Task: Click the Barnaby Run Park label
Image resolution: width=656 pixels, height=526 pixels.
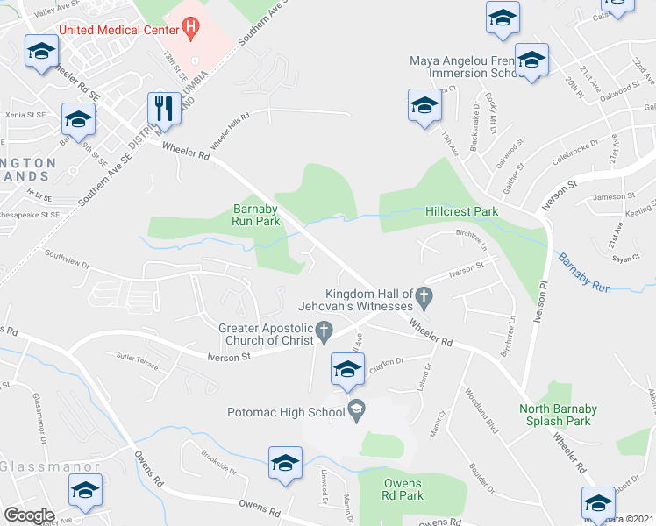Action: point(256,215)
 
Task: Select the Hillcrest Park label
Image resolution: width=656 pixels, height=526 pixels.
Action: point(461,211)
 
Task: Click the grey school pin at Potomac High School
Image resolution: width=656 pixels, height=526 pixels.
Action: point(357,409)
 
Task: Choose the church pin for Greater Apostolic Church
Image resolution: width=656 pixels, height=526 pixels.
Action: point(324,331)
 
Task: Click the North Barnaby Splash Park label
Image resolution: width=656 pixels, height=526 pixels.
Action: point(567,415)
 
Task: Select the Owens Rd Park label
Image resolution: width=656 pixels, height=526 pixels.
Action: point(403,489)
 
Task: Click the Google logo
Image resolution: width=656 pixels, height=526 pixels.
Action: point(29,515)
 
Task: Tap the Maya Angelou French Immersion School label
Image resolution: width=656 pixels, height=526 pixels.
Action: point(467,67)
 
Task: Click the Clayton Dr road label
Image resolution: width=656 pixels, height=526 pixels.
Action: point(386,366)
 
